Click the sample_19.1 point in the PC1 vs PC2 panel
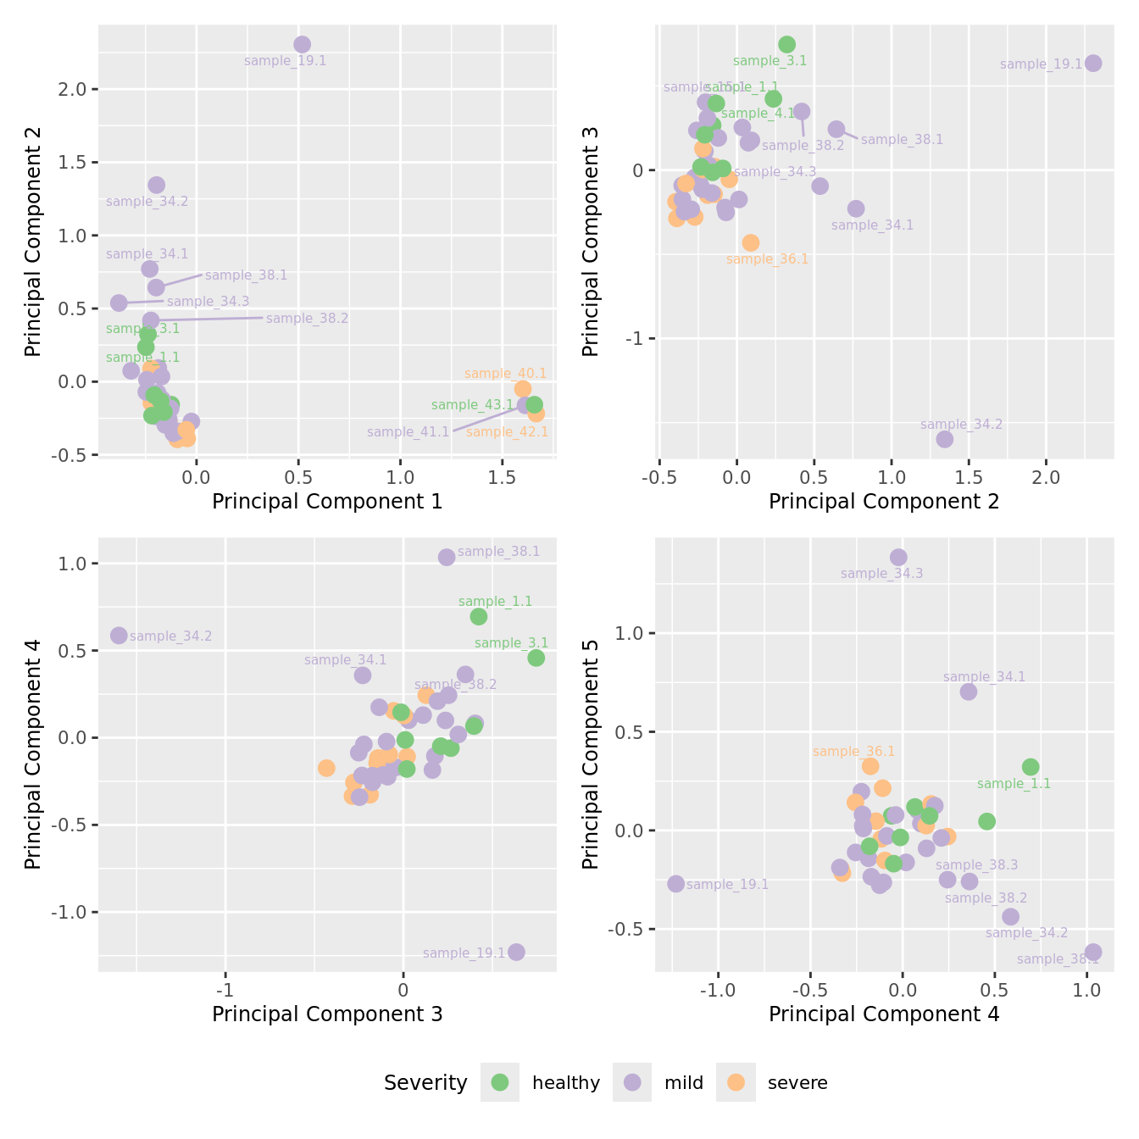click(x=302, y=45)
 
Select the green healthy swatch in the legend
click(x=500, y=1082)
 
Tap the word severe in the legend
click(x=797, y=1083)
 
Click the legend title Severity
click(x=425, y=1083)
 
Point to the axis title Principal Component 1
click(x=327, y=502)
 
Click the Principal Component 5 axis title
click(x=591, y=754)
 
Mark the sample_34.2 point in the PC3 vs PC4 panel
click(x=119, y=636)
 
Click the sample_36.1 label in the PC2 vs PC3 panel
click(x=767, y=259)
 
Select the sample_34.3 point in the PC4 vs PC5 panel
click(x=898, y=557)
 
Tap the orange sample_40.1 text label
click(x=505, y=374)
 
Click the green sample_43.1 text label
click(x=472, y=405)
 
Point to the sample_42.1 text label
click(x=507, y=432)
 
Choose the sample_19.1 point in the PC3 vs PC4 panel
click(x=516, y=952)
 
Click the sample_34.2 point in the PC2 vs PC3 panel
click(x=944, y=439)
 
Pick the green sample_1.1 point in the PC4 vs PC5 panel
click(x=1031, y=767)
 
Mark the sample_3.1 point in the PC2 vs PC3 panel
click(x=786, y=45)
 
